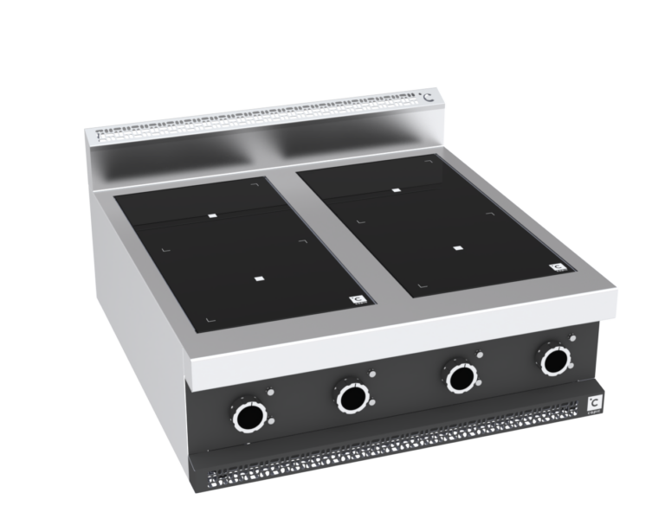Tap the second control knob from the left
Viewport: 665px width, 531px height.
tap(352, 398)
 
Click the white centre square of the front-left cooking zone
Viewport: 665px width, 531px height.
tap(261, 278)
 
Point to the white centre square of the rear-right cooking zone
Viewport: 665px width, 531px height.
tap(395, 190)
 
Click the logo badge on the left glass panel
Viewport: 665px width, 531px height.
tap(357, 300)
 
